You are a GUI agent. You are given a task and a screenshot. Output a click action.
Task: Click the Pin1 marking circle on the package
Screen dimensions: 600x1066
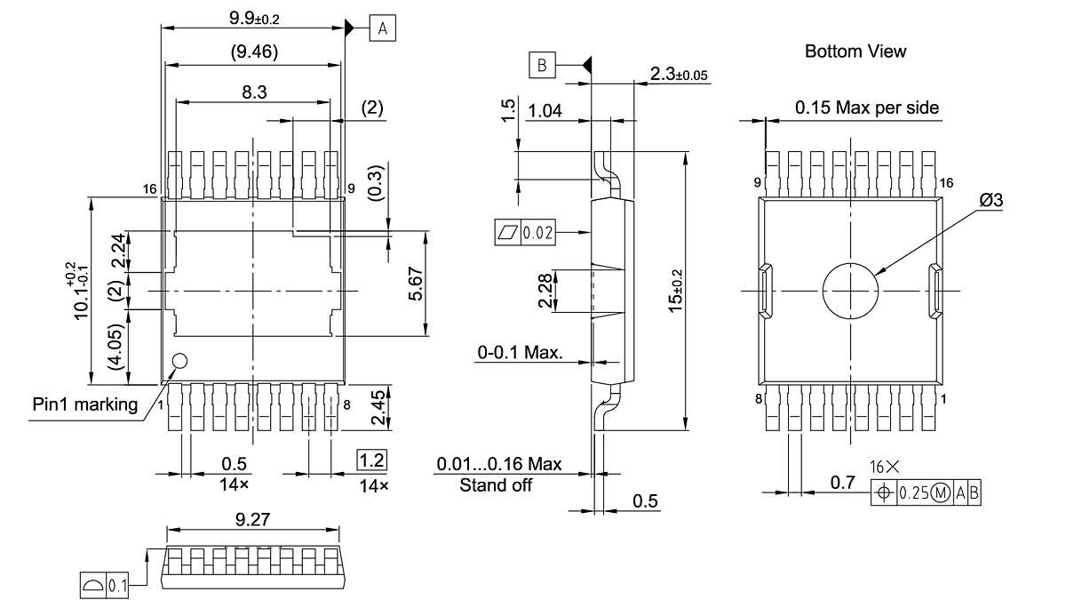pos(180,362)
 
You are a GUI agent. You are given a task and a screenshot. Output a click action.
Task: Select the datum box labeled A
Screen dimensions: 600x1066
pos(383,29)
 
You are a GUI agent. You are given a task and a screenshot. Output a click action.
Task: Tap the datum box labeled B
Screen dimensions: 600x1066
pos(543,65)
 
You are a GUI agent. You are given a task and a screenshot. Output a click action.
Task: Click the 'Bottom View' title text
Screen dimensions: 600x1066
pos(855,52)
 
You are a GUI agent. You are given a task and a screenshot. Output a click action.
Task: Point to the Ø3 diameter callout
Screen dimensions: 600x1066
pos(990,201)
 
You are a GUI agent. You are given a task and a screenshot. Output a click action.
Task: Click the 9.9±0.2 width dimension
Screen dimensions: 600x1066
pos(250,15)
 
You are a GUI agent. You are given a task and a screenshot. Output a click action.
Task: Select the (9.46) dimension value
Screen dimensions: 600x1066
pos(254,52)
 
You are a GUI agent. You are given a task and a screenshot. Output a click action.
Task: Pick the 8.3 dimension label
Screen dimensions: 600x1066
pos(255,91)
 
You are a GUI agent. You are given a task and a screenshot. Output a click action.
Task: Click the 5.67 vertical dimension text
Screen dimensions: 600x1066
pos(415,285)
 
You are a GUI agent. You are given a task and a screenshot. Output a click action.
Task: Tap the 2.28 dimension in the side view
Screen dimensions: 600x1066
pos(543,292)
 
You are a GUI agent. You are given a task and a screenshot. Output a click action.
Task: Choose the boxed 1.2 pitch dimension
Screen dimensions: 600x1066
pos(372,460)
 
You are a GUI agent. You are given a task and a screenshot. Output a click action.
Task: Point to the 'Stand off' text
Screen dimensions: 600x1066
pos(496,485)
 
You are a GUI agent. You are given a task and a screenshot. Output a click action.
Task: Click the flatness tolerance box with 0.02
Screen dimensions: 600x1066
pos(524,233)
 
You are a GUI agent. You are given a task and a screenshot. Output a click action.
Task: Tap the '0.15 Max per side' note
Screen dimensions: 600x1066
pos(866,108)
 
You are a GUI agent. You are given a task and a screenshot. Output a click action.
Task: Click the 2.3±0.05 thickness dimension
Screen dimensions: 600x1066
pos(679,76)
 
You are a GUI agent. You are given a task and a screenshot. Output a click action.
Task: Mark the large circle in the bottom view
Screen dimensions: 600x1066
pos(850,291)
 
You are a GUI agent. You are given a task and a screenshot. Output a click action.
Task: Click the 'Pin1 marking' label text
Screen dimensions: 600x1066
pos(85,405)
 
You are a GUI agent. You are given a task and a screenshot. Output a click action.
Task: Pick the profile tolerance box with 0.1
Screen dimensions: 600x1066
pos(105,586)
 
